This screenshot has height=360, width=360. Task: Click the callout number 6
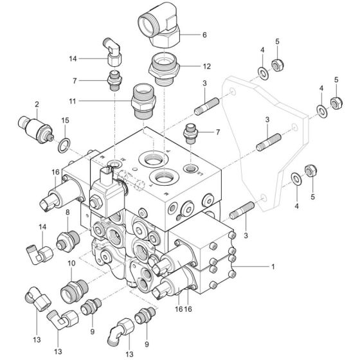[204, 35]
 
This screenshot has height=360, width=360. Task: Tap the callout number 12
[206, 66]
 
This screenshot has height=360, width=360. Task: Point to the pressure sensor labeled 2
[36, 130]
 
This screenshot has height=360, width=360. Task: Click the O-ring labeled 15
[64, 145]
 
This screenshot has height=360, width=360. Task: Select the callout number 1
[273, 267]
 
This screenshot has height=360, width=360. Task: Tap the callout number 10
[71, 264]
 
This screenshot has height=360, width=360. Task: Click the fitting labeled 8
[68, 241]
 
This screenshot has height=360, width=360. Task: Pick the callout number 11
[73, 101]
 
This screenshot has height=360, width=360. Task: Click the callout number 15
[65, 120]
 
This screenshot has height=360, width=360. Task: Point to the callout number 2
[37, 104]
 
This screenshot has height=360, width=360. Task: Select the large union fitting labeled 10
[74, 291]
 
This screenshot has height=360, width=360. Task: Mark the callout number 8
[67, 212]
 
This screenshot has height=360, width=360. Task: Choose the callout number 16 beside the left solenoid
[55, 172]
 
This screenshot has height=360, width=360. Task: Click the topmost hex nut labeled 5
[278, 64]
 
